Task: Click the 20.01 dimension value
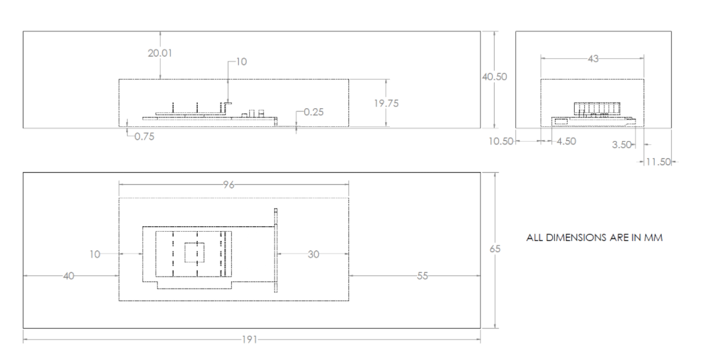click(159, 53)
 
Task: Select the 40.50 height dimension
click(494, 77)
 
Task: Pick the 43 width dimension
click(592, 59)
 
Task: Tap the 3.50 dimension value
click(622, 145)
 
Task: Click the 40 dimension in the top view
click(68, 276)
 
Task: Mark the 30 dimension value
click(313, 254)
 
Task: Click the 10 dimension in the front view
click(241, 61)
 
